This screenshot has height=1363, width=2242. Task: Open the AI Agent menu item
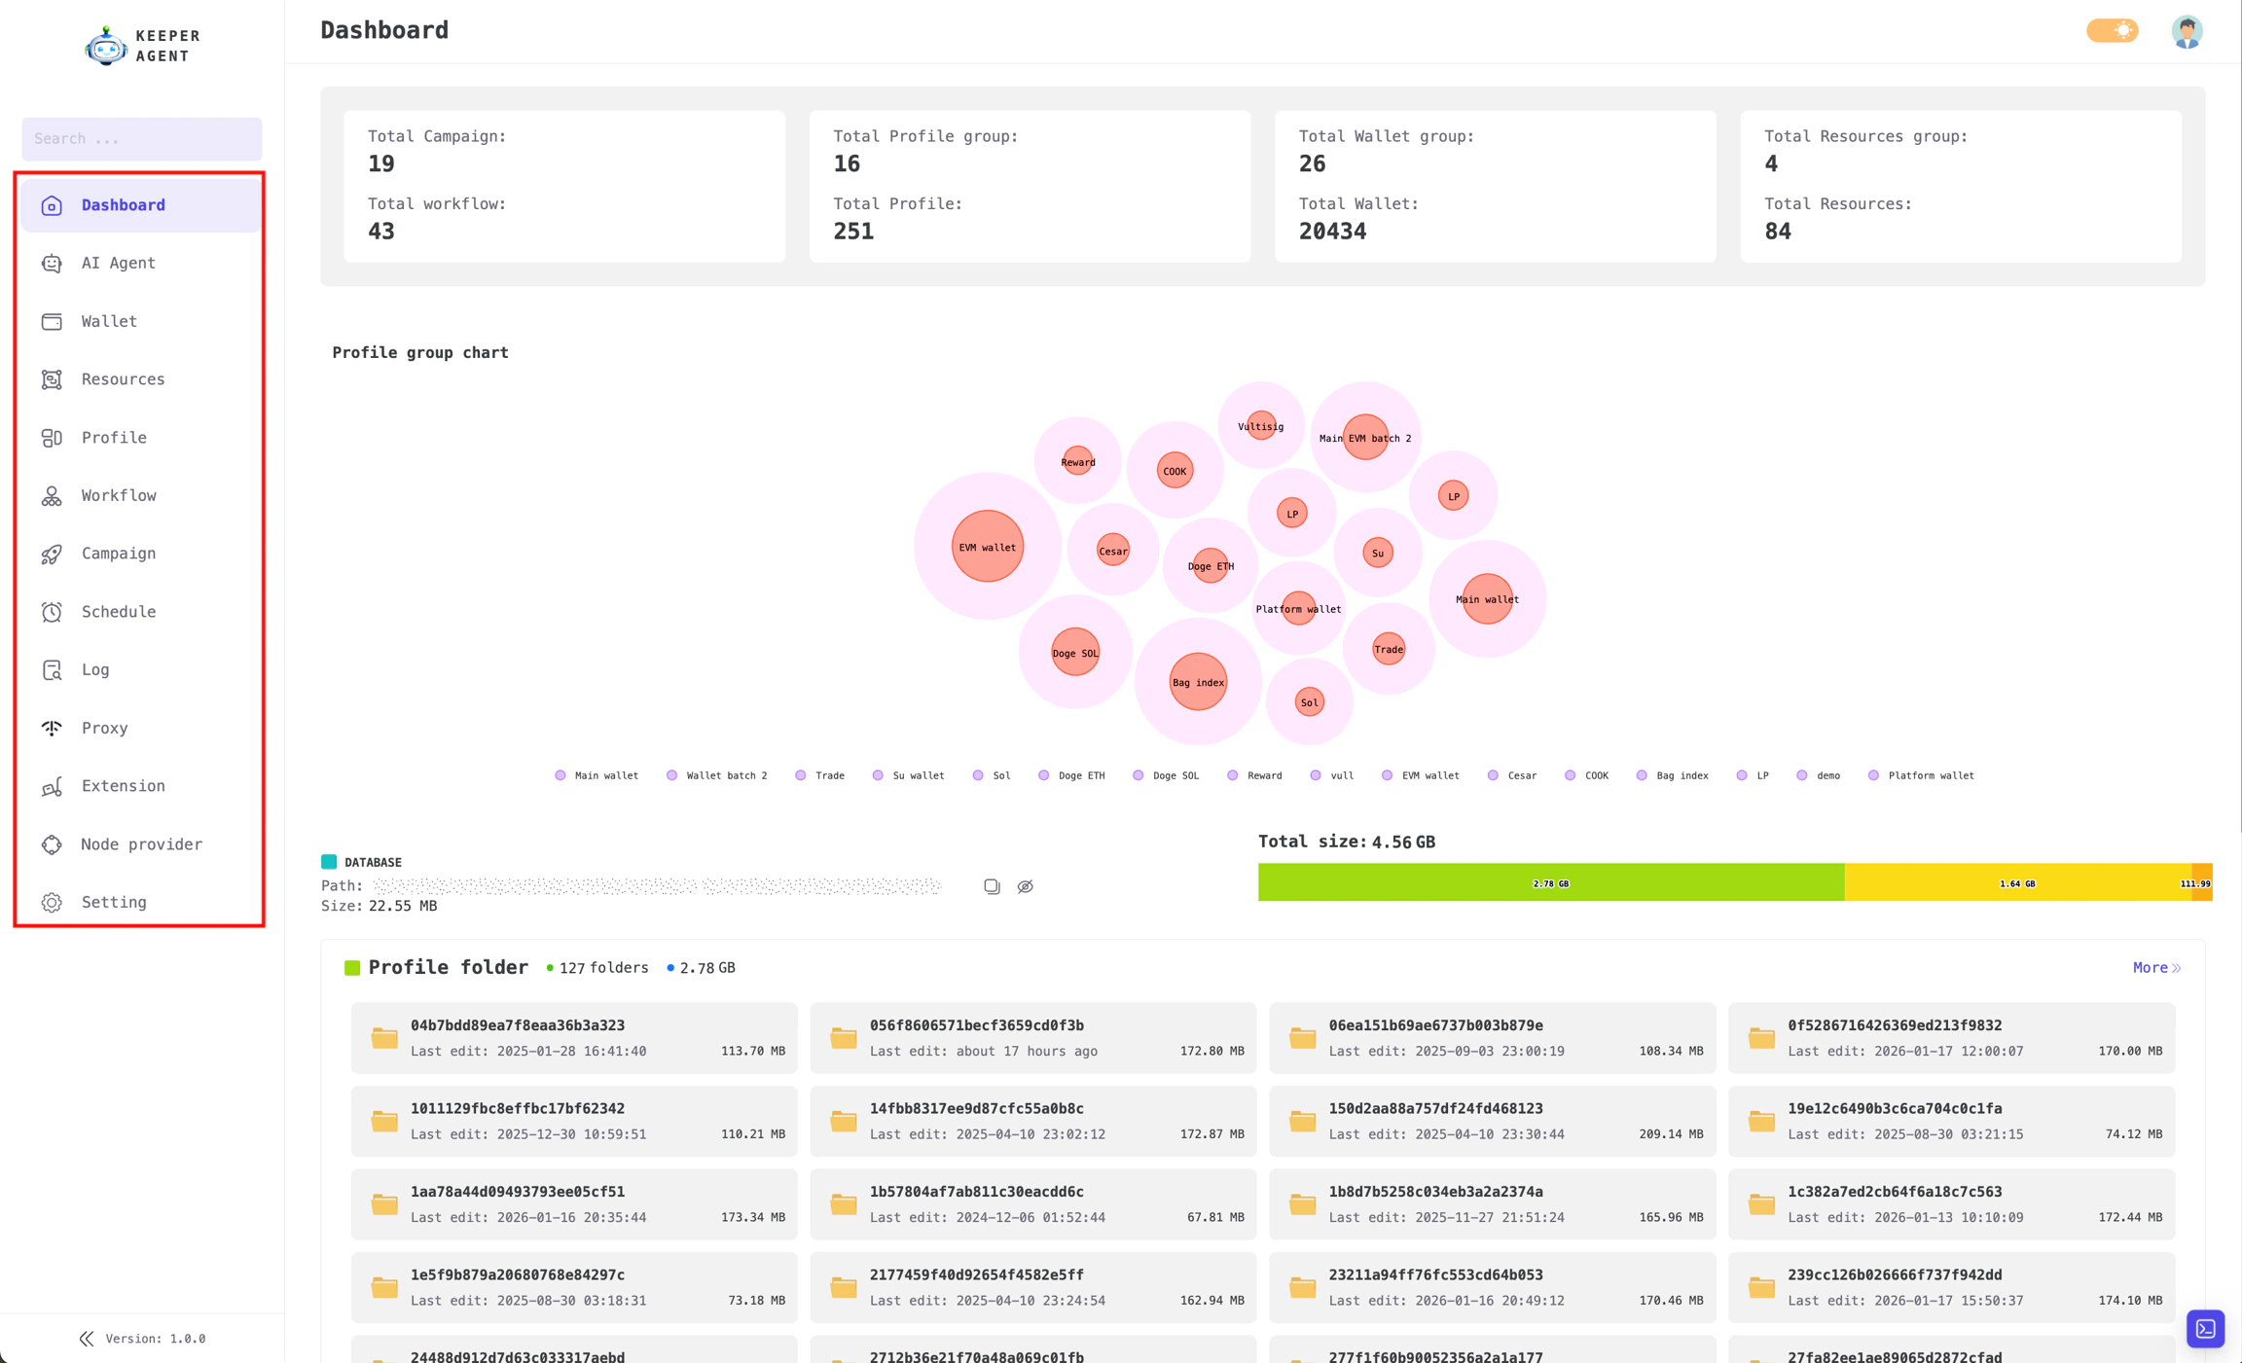click(x=118, y=263)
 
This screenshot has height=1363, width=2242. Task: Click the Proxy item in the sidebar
click(x=104, y=728)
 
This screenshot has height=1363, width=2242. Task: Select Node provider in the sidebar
click(x=141, y=844)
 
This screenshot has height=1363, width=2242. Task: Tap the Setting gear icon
click(x=52, y=903)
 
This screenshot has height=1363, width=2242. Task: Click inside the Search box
click(x=142, y=139)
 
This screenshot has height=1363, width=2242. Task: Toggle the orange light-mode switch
click(x=2112, y=31)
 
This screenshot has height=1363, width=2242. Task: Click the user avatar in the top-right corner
click(x=2187, y=31)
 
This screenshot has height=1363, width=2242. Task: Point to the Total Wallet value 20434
click(x=1332, y=232)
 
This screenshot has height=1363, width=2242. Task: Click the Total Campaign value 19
click(x=381, y=164)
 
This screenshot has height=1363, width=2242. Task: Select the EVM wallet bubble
click(x=987, y=547)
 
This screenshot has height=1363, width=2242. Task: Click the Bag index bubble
click(x=1198, y=682)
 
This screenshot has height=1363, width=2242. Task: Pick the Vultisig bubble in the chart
click(x=1260, y=426)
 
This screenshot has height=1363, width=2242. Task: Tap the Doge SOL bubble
click(x=1074, y=653)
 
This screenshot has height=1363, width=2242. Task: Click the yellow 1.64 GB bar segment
click(x=2016, y=883)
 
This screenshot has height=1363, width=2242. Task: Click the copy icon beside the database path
click(x=992, y=886)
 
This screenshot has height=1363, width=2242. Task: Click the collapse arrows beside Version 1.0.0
click(x=87, y=1339)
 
